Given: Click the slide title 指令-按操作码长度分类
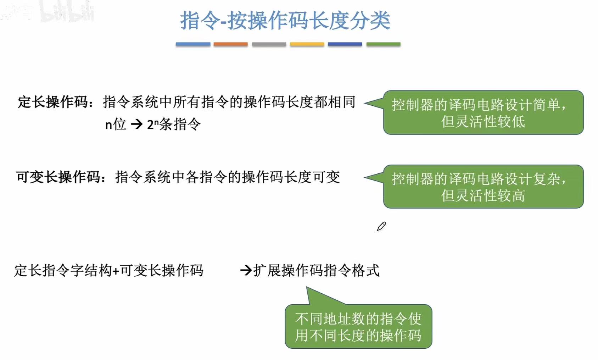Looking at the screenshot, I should point(285,21).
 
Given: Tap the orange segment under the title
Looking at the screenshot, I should point(230,44).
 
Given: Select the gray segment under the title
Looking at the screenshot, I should point(269,44).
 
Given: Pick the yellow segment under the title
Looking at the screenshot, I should point(307,44).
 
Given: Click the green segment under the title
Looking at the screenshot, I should point(383,44).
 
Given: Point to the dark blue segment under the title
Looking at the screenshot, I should point(345,44).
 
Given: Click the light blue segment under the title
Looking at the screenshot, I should point(193,44).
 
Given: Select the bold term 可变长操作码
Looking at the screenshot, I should point(58,177).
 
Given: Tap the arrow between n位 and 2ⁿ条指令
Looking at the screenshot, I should point(137,124).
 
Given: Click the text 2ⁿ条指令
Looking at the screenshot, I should point(174,124).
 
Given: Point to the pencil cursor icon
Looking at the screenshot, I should point(381,226).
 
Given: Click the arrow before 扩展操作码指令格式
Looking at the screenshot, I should point(246,271).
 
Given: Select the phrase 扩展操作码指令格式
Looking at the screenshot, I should point(316,271).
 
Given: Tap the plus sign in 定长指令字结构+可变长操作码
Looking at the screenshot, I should point(116,271).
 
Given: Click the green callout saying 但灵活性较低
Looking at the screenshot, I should point(483,113).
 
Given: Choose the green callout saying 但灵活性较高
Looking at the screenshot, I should point(483,187).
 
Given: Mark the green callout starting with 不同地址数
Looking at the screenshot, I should point(358,327).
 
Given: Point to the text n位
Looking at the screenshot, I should point(116,124).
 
